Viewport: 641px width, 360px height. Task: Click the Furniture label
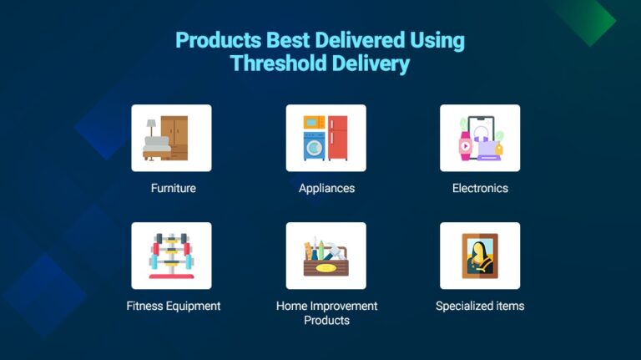[x=173, y=188]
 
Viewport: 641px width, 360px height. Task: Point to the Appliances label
[x=326, y=188]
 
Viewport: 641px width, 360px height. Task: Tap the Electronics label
[x=480, y=188]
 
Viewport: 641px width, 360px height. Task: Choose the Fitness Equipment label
[x=173, y=306]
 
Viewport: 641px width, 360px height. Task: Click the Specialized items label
[x=480, y=306]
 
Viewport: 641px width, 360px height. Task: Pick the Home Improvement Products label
[x=326, y=313]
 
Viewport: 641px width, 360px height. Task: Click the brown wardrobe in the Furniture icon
[x=174, y=137]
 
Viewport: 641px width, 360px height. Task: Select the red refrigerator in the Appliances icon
[x=337, y=138]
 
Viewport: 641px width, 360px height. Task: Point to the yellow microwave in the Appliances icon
[x=315, y=123]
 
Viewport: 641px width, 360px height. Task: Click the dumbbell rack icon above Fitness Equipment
[x=171, y=256]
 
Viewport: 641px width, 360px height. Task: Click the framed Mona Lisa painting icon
[x=480, y=256]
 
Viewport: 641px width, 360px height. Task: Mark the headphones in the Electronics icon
[x=481, y=132]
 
